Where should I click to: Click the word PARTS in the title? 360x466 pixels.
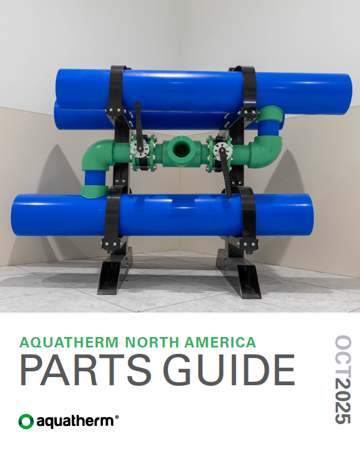(85, 370)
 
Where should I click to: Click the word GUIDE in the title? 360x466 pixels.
(229, 370)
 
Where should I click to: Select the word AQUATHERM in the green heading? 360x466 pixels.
(69, 342)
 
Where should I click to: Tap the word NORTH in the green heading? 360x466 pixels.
(152, 342)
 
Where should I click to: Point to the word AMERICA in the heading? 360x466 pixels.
(220, 342)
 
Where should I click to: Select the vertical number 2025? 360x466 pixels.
(343, 400)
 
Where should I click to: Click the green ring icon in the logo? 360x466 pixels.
(26, 421)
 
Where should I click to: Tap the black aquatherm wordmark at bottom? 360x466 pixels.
(75, 421)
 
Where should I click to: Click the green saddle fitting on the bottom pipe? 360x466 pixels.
(94, 191)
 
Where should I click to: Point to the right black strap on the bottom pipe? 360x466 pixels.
(248, 218)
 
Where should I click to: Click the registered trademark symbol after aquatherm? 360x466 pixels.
(116, 417)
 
